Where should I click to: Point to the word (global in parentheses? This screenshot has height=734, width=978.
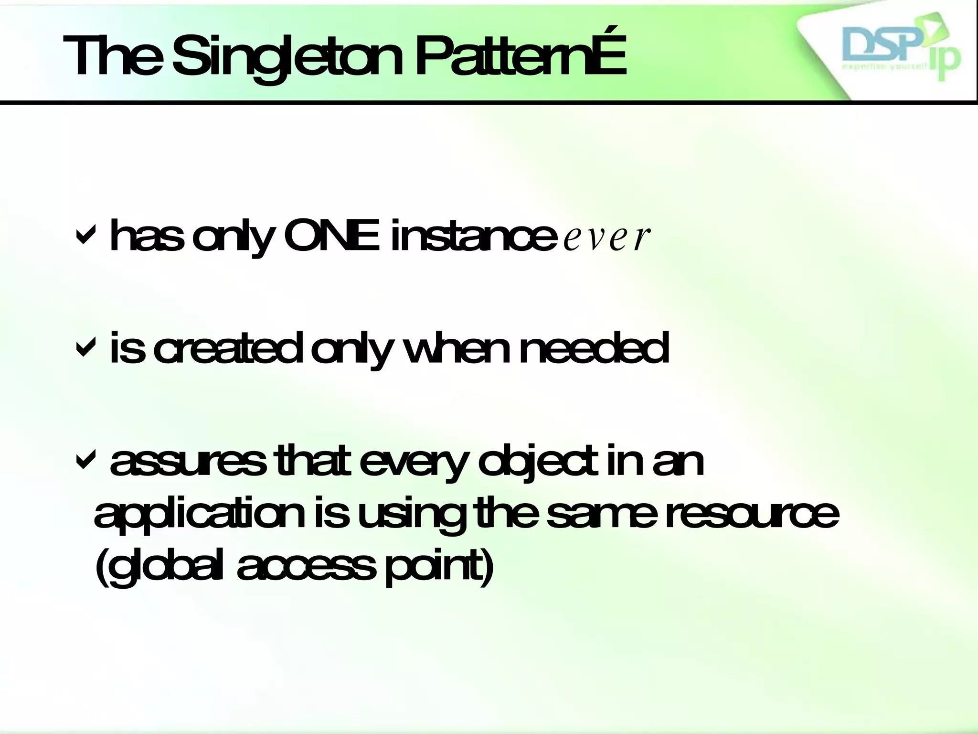tap(159, 569)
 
